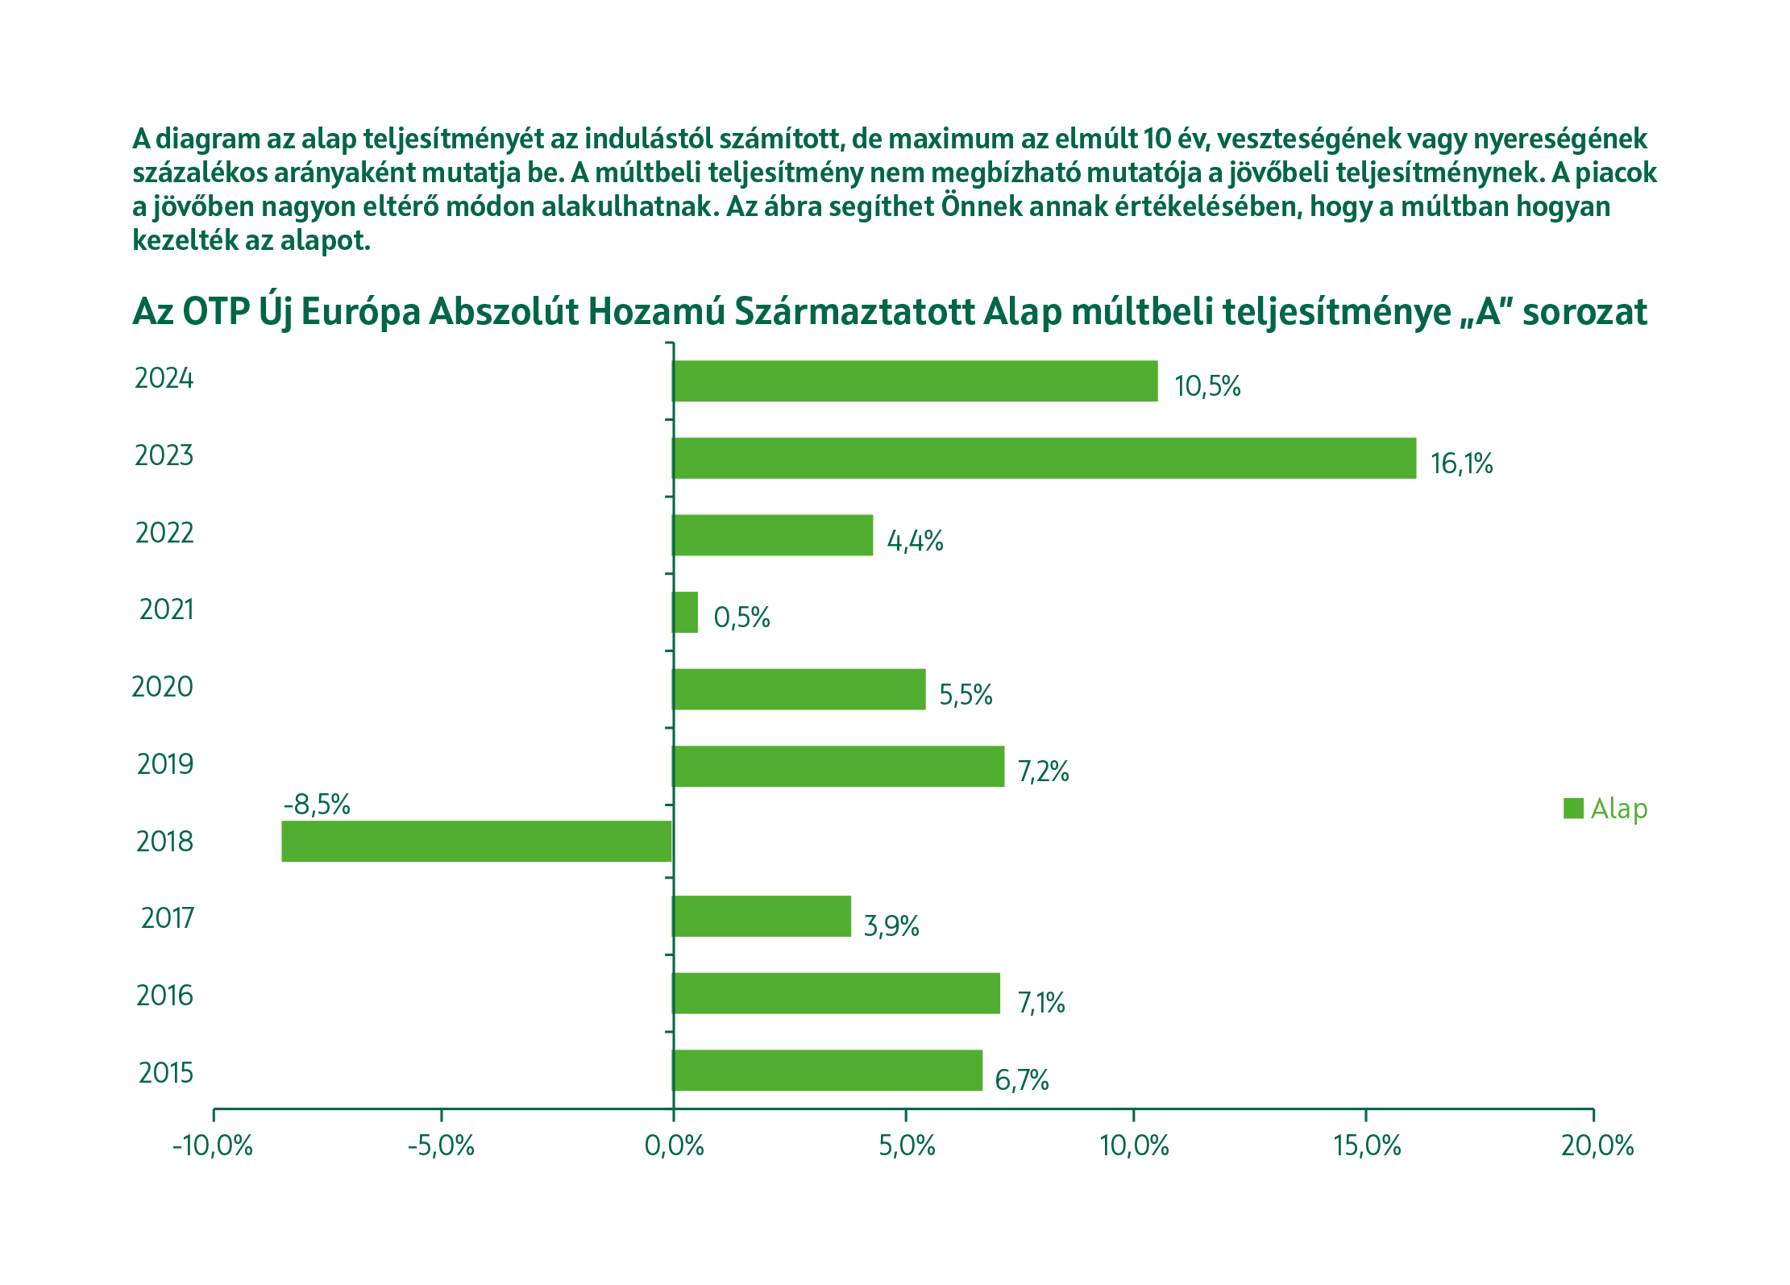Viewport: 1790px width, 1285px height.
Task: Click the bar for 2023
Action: [x=1044, y=458]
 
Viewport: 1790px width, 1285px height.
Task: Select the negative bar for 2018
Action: [x=476, y=841]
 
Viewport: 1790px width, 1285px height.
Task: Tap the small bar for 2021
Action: [x=685, y=612]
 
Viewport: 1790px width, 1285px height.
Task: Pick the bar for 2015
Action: [x=827, y=1070]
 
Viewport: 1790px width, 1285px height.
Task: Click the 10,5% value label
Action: [x=1206, y=386]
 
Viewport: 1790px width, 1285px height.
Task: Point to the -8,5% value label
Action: [x=317, y=804]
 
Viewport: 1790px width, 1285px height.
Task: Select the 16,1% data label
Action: [x=1461, y=464]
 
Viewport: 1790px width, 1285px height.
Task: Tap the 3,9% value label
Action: [x=891, y=925]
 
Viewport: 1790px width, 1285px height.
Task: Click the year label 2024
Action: [x=164, y=378]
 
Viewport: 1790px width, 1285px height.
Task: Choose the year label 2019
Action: [x=165, y=763]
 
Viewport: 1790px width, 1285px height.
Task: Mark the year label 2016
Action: [x=165, y=996]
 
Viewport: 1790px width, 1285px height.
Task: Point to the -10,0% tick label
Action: [x=213, y=1146]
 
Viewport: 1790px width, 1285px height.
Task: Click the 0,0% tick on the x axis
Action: [x=674, y=1146]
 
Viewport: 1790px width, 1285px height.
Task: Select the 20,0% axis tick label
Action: [x=1597, y=1146]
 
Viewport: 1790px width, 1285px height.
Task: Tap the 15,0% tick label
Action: [x=1367, y=1146]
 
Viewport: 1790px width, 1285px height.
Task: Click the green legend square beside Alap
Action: [x=1573, y=808]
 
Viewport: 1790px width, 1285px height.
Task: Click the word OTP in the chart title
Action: [x=216, y=311]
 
